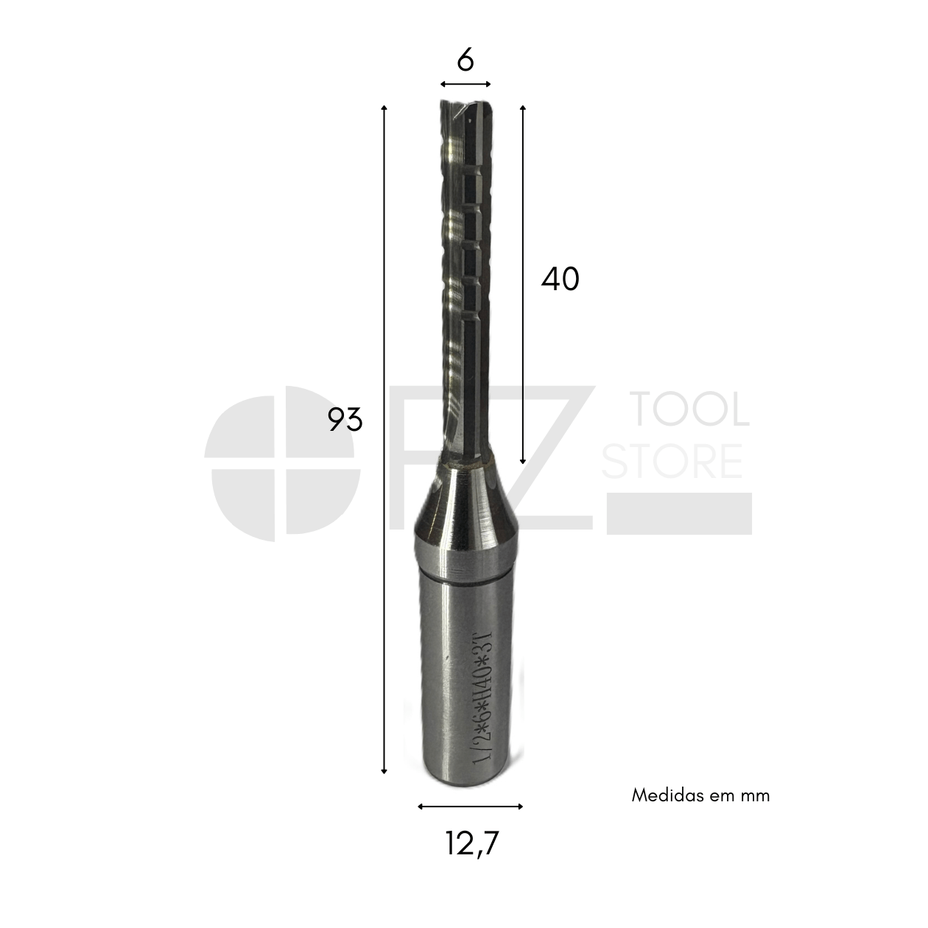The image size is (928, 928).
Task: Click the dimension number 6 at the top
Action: tap(465, 60)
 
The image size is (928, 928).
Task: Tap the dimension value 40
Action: tap(560, 279)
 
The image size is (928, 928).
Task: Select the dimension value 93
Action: tap(345, 419)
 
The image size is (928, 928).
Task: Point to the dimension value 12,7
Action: tap(472, 843)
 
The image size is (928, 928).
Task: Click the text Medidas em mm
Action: tap(700, 795)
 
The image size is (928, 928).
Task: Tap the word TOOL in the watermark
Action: tap(690, 409)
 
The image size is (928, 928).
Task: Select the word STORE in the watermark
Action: tap(672, 461)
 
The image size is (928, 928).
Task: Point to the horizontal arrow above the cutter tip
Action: tap(465, 84)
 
